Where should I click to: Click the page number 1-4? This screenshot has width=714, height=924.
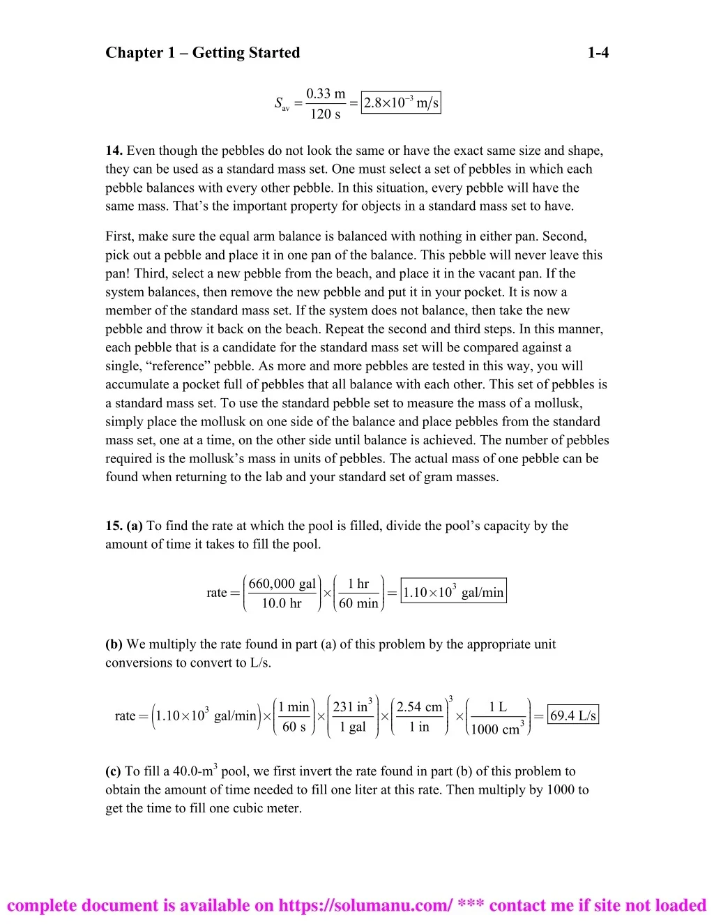598,53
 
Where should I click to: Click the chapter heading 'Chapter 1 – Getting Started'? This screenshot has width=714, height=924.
202,53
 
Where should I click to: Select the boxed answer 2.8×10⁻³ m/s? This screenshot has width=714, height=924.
401,103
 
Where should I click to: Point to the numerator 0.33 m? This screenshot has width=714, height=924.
326,93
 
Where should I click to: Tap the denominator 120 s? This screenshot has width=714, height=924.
325,114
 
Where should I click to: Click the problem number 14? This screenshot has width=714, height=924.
114,151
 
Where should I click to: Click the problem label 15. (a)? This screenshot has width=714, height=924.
124,526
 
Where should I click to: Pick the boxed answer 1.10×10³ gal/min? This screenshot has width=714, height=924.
453,592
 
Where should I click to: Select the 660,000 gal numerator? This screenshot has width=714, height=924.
282,584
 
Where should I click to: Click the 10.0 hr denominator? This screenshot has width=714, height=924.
282,603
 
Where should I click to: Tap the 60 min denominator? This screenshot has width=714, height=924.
358,603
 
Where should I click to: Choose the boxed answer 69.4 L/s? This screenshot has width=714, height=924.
573,715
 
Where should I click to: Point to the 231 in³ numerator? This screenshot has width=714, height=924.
352,706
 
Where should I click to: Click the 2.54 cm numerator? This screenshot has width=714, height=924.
419,706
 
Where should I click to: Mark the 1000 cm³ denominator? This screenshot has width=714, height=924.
497,729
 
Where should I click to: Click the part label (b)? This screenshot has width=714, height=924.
114,644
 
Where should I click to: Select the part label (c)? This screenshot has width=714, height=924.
113,771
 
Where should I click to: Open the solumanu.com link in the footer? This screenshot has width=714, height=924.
366,905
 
